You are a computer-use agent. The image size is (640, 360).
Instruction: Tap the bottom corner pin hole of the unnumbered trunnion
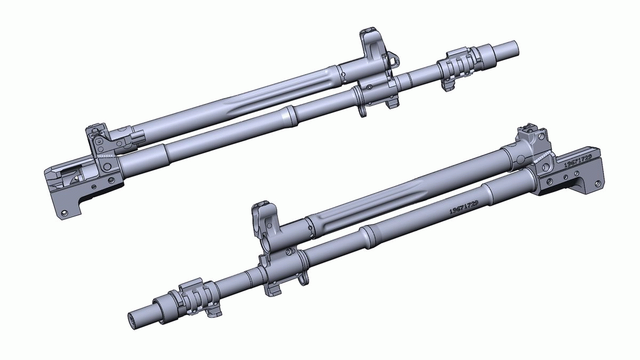[x=65, y=213]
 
